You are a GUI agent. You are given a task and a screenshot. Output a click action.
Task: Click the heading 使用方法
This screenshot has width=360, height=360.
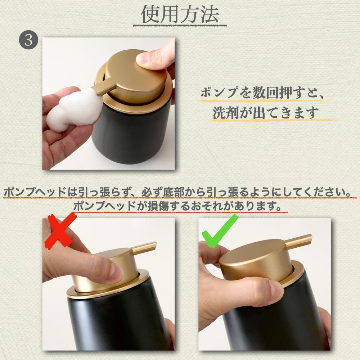(x=180, y=14)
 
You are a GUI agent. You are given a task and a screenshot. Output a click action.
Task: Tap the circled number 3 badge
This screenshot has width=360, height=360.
(x=28, y=40)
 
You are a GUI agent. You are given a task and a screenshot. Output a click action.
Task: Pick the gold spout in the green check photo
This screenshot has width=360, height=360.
(x=298, y=241)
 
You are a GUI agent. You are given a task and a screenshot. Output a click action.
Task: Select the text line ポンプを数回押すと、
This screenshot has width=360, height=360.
(x=262, y=93)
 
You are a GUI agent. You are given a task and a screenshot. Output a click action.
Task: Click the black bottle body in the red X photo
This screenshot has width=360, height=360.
(x=120, y=321)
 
